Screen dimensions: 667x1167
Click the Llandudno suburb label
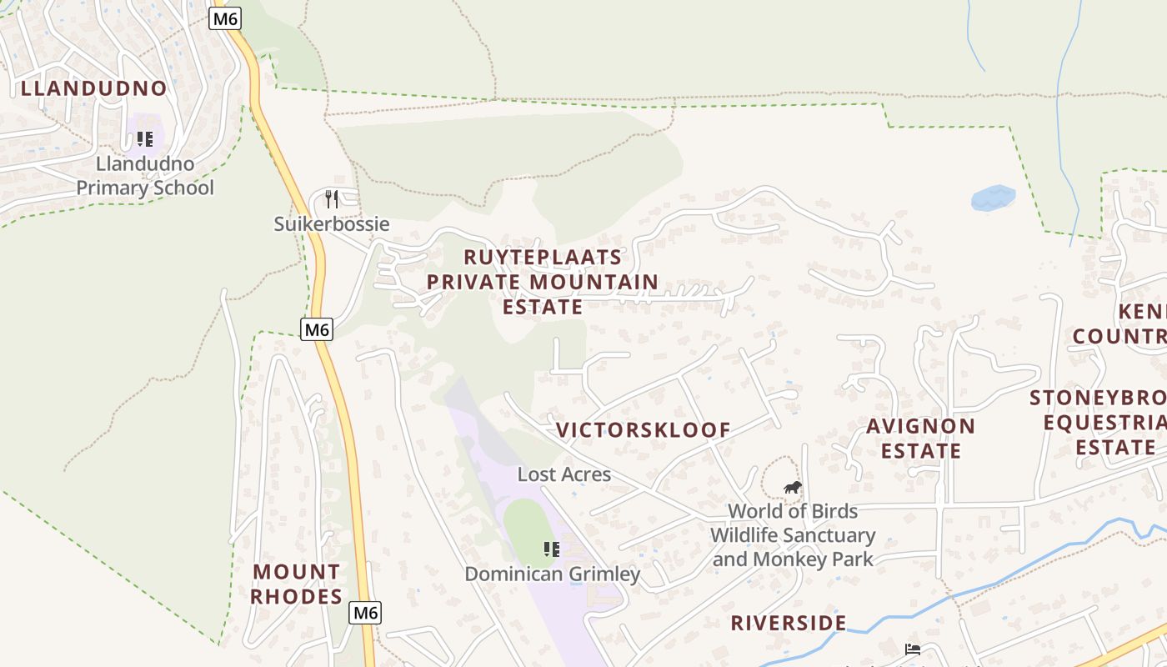[93, 88]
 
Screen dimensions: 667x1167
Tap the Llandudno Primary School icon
[145, 139]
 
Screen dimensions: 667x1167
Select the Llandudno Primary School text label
[145, 176]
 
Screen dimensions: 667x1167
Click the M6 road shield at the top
[225, 18]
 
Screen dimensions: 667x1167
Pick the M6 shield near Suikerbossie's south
[317, 329]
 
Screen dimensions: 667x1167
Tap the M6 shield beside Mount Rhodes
[365, 613]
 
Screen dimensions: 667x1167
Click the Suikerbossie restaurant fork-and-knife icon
[332, 198]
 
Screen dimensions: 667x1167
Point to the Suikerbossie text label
[332, 224]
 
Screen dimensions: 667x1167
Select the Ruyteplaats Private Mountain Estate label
[543, 282]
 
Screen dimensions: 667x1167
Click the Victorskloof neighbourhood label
[643, 430]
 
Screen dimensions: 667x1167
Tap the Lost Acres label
[564, 474]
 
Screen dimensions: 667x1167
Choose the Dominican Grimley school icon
[551, 549]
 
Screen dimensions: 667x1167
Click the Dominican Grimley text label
[552, 574]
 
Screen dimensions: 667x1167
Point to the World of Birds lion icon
[792, 487]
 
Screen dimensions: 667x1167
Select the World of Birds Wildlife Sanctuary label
[792, 534]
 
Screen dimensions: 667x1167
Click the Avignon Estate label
[920, 439]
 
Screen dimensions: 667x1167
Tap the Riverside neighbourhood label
[789, 623]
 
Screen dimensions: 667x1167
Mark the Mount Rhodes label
[296, 584]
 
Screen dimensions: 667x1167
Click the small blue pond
[993, 198]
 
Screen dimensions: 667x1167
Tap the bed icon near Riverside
[913, 649]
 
